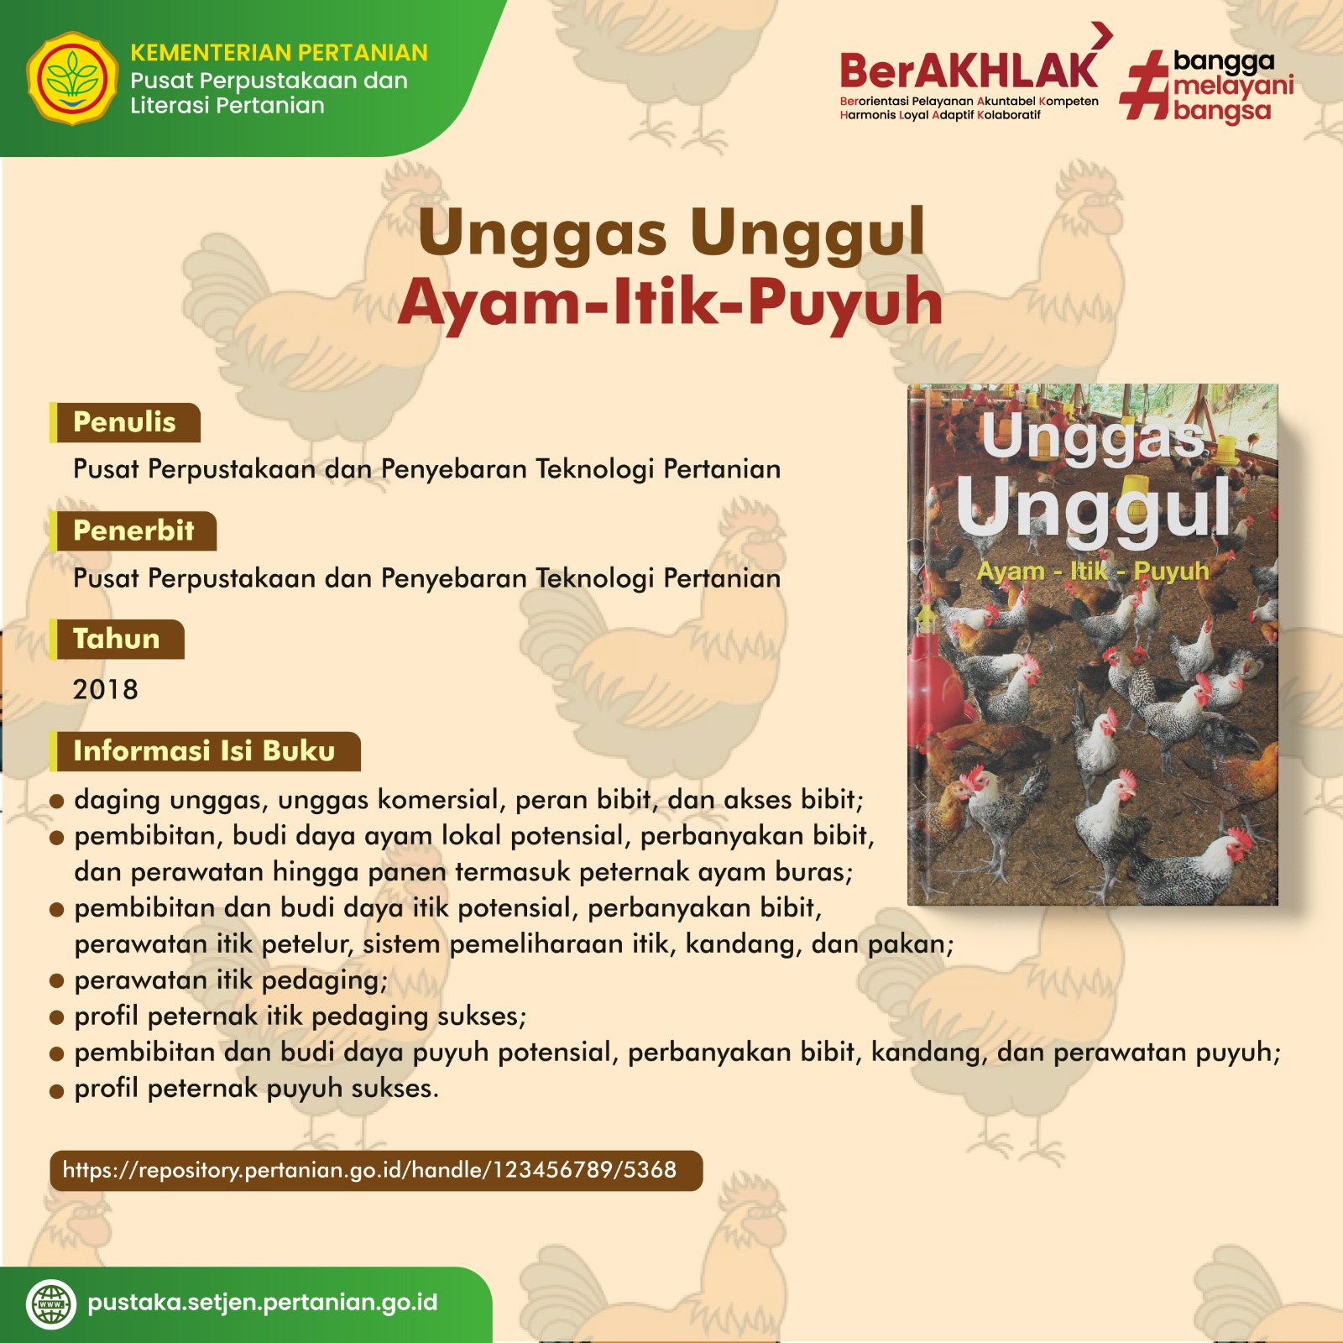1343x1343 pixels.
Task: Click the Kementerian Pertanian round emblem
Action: pyautogui.click(x=72, y=79)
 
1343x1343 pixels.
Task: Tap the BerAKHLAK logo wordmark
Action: pyautogui.click(x=969, y=71)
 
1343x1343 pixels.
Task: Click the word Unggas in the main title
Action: pyautogui.click(x=542, y=233)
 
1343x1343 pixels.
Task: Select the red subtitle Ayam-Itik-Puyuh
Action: pyautogui.click(x=671, y=301)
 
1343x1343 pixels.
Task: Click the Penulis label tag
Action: pyautogui.click(x=125, y=422)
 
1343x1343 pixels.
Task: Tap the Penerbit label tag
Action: pyautogui.click(x=133, y=530)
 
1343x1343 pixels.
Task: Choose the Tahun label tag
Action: pyautogui.click(x=117, y=639)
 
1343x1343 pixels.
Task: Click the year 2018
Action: pyautogui.click(x=105, y=689)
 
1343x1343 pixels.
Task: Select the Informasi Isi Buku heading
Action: pyautogui.click(x=205, y=750)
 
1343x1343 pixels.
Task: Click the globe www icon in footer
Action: pyautogui.click(x=51, y=1304)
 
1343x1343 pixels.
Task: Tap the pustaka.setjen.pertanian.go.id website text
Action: pyautogui.click(x=263, y=1303)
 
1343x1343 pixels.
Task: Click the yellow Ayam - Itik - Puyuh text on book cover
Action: pyautogui.click(x=1093, y=571)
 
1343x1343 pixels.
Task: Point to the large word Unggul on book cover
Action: pyautogui.click(x=1093, y=509)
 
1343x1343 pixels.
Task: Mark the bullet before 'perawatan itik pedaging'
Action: pyautogui.click(x=57, y=981)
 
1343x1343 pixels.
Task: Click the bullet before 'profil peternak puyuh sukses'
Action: pyautogui.click(x=57, y=1090)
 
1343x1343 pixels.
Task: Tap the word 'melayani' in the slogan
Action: pyautogui.click(x=1234, y=86)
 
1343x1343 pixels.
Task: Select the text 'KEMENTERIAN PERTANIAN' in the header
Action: pyautogui.click(x=279, y=53)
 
